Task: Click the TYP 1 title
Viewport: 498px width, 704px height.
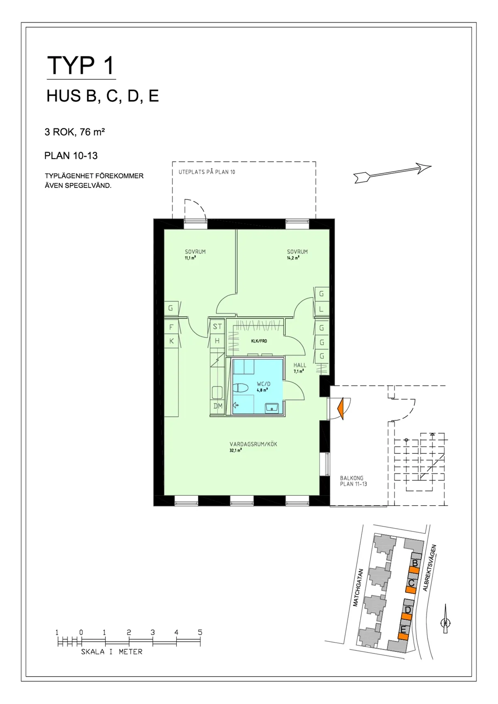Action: pos(81,66)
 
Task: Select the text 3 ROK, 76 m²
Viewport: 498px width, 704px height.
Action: pos(75,132)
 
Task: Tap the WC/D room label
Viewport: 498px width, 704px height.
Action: pos(264,384)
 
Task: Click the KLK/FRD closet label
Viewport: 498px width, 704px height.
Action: pos(259,341)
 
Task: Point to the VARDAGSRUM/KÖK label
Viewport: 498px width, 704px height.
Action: pos(254,444)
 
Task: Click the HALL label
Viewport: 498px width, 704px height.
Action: pos(300,365)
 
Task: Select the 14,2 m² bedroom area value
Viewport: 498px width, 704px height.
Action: pos(293,258)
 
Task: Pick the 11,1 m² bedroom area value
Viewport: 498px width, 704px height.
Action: pos(190,258)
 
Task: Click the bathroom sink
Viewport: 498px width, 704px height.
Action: pos(272,408)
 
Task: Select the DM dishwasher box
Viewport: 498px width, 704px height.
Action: pos(217,406)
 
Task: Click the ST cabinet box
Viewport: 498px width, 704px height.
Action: pos(217,326)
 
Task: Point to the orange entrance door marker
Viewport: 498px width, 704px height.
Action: pos(341,408)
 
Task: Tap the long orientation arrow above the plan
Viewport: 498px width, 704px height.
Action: pos(392,173)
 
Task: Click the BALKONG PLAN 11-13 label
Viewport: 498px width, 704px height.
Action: pos(354,481)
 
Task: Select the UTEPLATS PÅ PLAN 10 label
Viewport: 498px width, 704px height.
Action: pos(207,172)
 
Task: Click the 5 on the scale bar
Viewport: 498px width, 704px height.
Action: pos(200,632)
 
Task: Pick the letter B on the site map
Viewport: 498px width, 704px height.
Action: pos(415,563)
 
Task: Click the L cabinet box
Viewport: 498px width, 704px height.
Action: pos(321,309)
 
